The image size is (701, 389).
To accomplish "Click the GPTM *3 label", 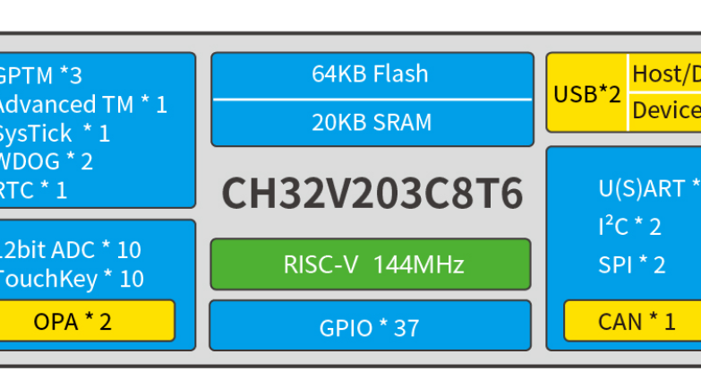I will pos(40,75).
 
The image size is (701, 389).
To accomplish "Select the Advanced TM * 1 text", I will pos(82,104).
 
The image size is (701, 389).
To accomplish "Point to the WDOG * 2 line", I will pos(46,162).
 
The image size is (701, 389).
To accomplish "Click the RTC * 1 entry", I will pos(34,190).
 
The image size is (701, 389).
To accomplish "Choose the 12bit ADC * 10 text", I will pos(72,250).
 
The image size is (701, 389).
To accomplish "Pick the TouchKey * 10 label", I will pos(72,279).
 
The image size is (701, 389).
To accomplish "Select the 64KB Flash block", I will pos(370,74).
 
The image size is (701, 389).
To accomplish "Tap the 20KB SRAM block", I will pos(370,122).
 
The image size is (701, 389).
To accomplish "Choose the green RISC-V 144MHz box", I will pos(370,264).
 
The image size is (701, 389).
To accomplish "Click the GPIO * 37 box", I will pos(370,327).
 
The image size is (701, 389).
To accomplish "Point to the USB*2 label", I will pos(587,93).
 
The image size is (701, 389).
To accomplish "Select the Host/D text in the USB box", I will pos(666,73).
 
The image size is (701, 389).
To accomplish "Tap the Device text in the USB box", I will pos(666,111).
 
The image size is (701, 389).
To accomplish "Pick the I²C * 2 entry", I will pos(630,227).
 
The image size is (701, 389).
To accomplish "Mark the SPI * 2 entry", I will pos(632,264).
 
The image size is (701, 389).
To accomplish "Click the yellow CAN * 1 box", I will pos(632,321).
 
